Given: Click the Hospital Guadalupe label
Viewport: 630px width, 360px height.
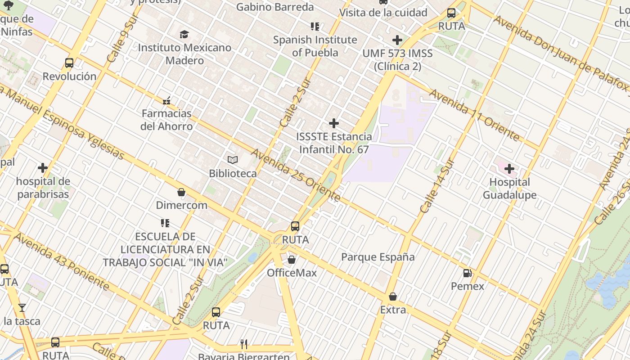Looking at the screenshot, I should [509, 189].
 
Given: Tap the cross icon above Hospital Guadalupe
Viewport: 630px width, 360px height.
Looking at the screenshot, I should [509, 169].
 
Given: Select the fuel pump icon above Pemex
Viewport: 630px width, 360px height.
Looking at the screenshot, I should [467, 273].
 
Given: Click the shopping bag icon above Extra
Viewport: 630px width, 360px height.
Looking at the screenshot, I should [392, 297].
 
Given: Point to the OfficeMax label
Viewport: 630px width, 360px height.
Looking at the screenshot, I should [292, 273].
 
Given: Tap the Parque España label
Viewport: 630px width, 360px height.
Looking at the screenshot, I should [378, 257].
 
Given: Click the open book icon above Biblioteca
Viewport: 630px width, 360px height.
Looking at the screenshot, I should [232, 160].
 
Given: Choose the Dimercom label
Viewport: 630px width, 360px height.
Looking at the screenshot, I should [181, 205].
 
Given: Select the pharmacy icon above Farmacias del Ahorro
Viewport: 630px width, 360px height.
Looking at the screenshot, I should [166, 101].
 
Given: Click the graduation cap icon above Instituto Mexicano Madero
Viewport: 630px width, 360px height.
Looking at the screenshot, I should [184, 34].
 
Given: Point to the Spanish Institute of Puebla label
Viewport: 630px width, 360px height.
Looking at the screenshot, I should [315, 46].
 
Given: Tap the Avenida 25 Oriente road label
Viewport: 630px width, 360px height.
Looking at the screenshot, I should [295, 175].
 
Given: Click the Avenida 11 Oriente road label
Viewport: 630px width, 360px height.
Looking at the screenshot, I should [474, 115].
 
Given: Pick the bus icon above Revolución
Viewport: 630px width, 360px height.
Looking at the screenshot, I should [69, 63].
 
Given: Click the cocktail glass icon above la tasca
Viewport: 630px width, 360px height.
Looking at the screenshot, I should [22, 308].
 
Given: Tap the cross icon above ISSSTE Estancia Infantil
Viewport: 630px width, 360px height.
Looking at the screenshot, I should [333, 123].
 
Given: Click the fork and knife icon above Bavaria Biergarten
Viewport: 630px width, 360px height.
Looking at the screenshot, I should [244, 344].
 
